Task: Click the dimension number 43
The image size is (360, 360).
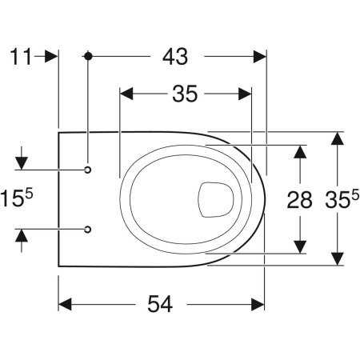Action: [x=175, y=57]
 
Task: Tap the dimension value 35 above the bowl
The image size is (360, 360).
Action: [x=185, y=94]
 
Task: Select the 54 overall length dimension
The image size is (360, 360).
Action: [x=160, y=304]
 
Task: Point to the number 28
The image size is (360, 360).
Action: [x=299, y=200]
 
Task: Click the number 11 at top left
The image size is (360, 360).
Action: [x=21, y=57]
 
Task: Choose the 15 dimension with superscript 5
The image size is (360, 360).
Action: [x=17, y=198]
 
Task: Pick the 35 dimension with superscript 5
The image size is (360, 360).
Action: [x=342, y=198]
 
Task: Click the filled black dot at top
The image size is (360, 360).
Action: [x=88, y=56]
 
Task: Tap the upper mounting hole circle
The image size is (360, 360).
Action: [x=88, y=170]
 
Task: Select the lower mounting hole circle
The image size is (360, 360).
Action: [x=88, y=229]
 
